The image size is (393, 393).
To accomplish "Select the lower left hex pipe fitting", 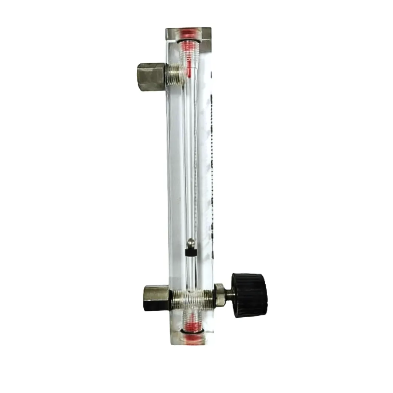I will point(156,298).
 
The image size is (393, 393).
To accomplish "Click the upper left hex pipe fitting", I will point(151,76).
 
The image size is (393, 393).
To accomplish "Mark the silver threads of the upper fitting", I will point(174,76).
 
